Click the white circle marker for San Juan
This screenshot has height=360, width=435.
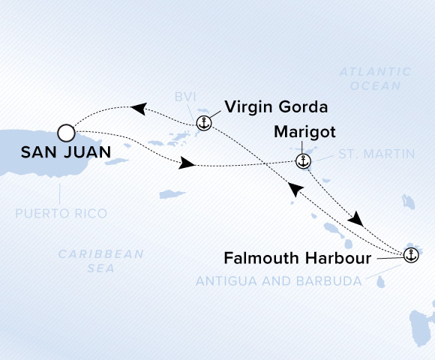66,133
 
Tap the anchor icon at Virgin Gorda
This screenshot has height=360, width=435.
204,123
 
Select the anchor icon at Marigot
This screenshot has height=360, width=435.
303,161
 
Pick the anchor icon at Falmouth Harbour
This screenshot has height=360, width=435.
411,255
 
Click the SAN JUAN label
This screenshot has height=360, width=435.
66,152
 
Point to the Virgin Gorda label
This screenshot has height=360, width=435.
276,107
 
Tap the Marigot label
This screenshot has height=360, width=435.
304,132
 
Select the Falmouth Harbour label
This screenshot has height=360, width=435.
298,258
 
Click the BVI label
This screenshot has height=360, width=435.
185,97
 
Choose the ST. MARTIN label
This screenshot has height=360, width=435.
376,154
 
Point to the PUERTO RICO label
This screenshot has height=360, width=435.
61,214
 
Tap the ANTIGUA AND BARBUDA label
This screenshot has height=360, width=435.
279,281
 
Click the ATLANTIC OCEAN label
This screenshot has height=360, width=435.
375,79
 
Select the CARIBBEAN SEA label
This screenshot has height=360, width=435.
101,261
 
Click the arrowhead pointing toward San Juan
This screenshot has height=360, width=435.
139,109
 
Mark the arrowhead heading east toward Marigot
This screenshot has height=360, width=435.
187,163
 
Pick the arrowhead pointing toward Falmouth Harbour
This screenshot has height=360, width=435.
356,219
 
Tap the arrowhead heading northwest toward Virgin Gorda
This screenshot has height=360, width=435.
295,188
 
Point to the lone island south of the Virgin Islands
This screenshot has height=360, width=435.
172,194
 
